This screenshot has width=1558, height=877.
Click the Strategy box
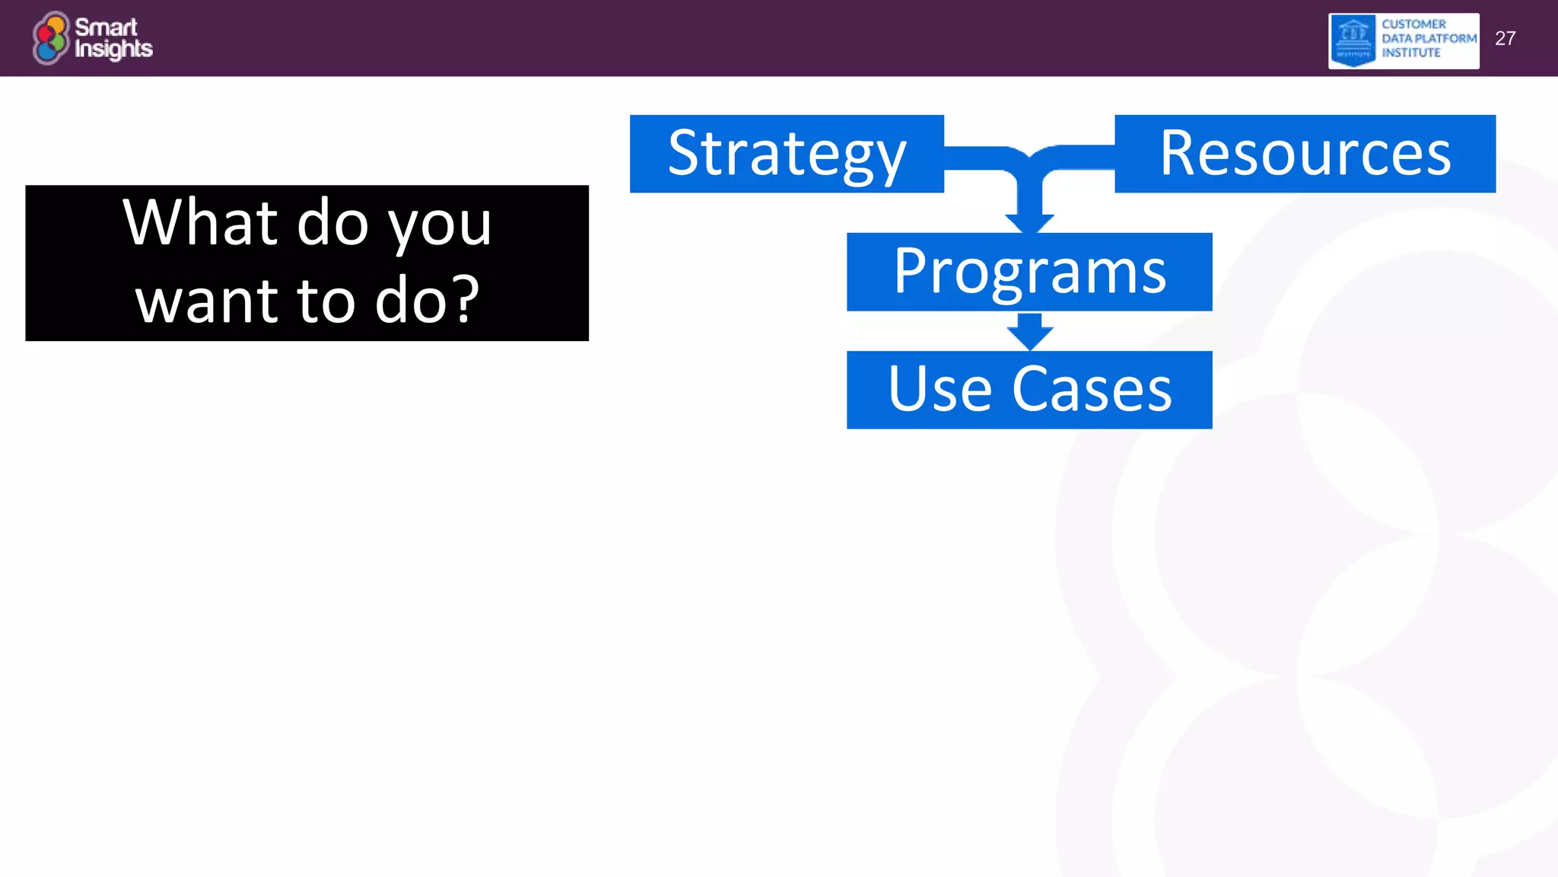pyautogui.click(x=787, y=154)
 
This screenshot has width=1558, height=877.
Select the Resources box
pyautogui.click(x=1305, y=154)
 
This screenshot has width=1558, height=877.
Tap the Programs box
pyautogui.click(x=1029, y=272)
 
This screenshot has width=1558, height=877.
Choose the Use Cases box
pyautogui.click(x=1029, y=390)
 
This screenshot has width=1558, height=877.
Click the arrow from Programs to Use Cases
pyautogui.click(x=1029, y=333)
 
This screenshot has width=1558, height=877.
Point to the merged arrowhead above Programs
pyautogui.click(x=1029, y=222)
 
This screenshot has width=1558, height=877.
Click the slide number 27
pyautogui.click(x=1505, y=39)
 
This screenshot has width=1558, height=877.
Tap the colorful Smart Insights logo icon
pyautogui.click(x=51, y=38)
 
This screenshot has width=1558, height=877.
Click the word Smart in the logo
pyautogui.click(x=106, y=27)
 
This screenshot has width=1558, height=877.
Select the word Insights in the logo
pyautogui.click(x=113, y=49)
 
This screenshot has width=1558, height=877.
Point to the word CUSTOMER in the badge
pyautogui.click(x=1413, y=24)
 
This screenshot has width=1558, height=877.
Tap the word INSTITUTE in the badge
pyautogui.click(x=1410, y=53)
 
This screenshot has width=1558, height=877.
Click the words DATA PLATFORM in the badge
pyautogui.click(x=1429, y=39)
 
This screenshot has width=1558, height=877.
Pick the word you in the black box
pyautogui.click(x=440, y=226)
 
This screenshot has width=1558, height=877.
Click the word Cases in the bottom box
pyautogui.click(x=1092, y=390)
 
